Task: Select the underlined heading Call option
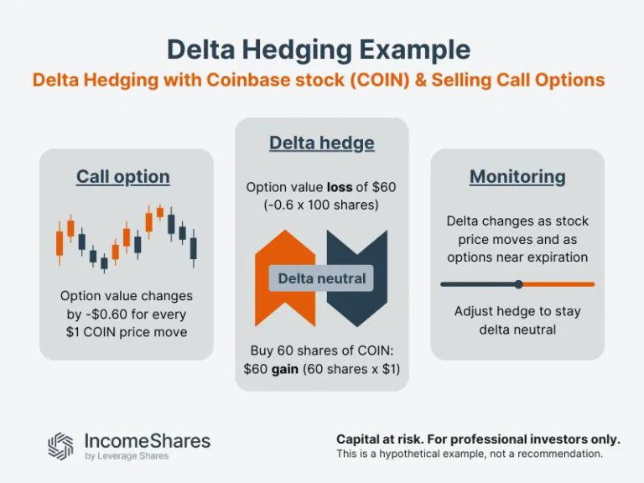[123, 176]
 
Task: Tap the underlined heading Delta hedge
[322, 143]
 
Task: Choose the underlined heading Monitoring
[517, 176]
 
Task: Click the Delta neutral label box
[322, 278]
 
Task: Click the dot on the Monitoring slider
[518, 284]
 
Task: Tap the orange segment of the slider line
[558, 284]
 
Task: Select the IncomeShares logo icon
[60, 445]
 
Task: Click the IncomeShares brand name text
[148, 440]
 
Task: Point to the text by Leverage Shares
[127, 456]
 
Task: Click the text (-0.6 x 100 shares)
[322, 205]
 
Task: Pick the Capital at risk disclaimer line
[478, 439]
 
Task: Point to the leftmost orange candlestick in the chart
[60, 242]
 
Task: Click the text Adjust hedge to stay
[517, 311]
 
